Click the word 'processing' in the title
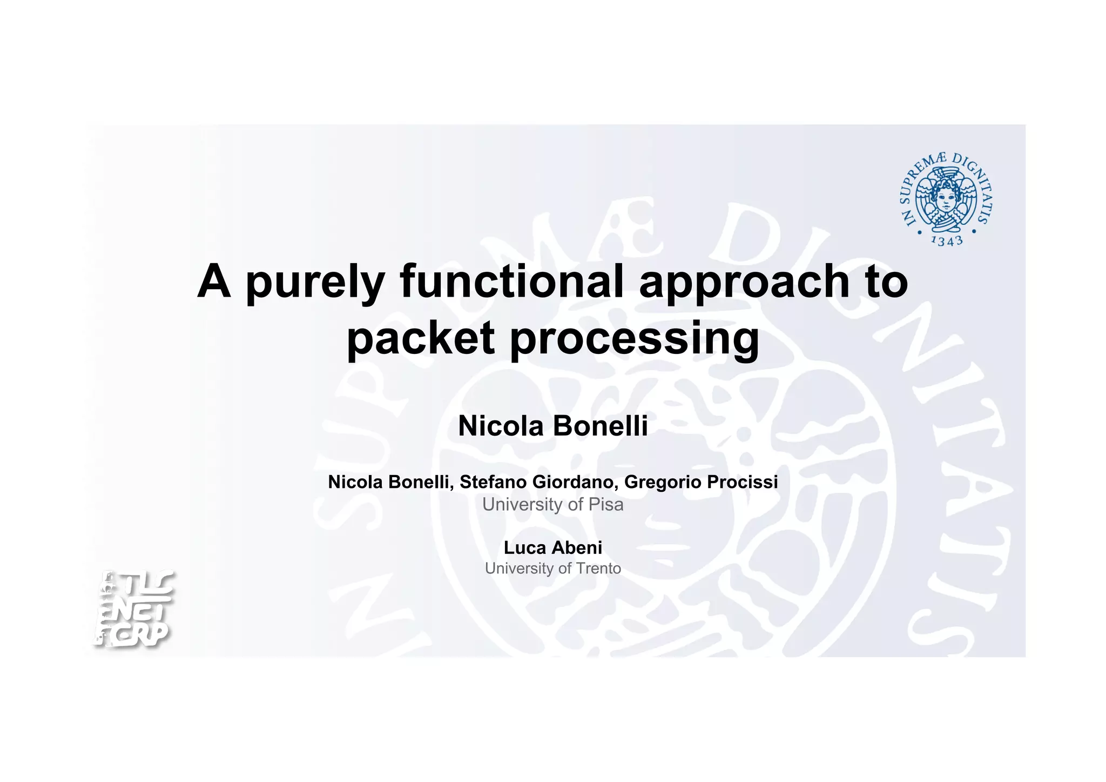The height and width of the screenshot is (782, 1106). [x=635, y=338]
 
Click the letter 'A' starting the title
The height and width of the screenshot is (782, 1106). [x=214, y=281]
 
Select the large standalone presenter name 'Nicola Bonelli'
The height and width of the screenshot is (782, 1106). [x=552, y=426]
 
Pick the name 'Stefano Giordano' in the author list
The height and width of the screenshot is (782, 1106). [x=536, y=482]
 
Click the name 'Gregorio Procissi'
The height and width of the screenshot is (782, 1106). [x=701, y=482]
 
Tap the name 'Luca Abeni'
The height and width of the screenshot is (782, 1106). [x=552, y=547]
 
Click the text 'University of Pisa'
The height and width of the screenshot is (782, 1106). [x=552, y=504]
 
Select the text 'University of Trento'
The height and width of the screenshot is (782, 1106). [x=552, y=569]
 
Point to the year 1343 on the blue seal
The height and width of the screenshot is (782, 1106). [x=947, y=240]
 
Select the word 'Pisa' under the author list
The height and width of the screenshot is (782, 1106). [x=606, y=504]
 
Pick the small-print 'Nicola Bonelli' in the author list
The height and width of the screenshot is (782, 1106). [x=389, y=482]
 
